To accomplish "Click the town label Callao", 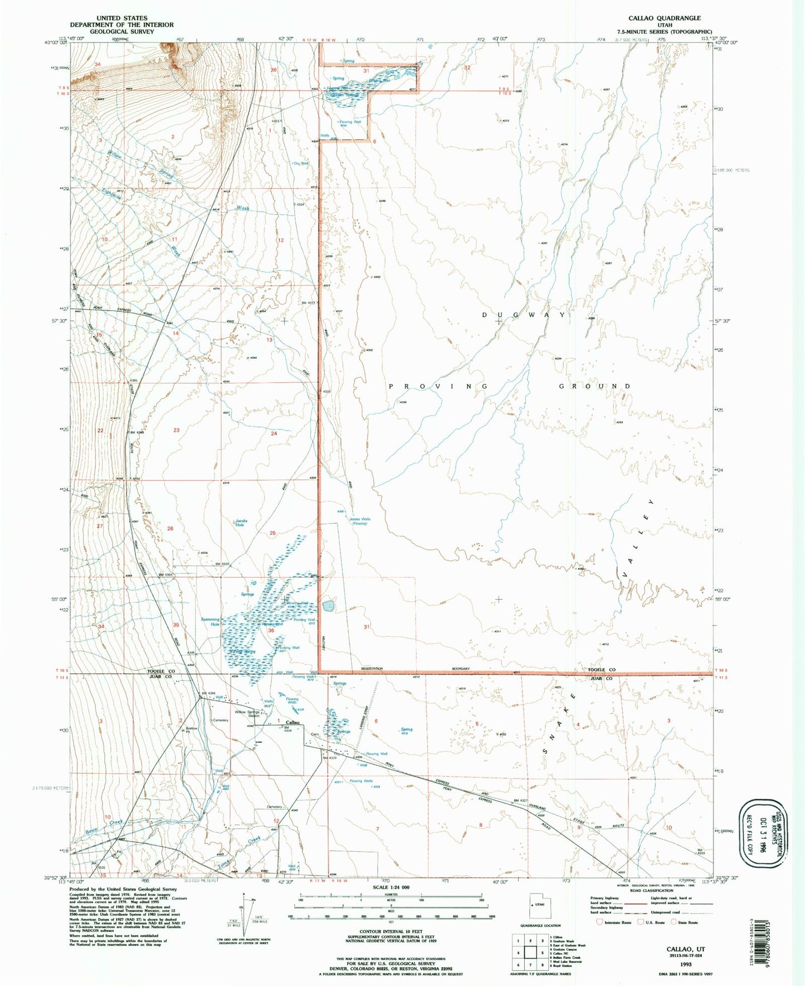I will tap(292, 723).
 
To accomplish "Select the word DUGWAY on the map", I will tap(524, 315).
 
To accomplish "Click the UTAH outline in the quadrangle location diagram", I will tap(535, 906).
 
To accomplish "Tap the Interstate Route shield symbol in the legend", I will tap(599, 922).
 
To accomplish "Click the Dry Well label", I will tap(301, 163).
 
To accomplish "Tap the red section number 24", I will tap(274, 433).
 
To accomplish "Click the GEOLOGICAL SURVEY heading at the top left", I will tap(121, 32).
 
